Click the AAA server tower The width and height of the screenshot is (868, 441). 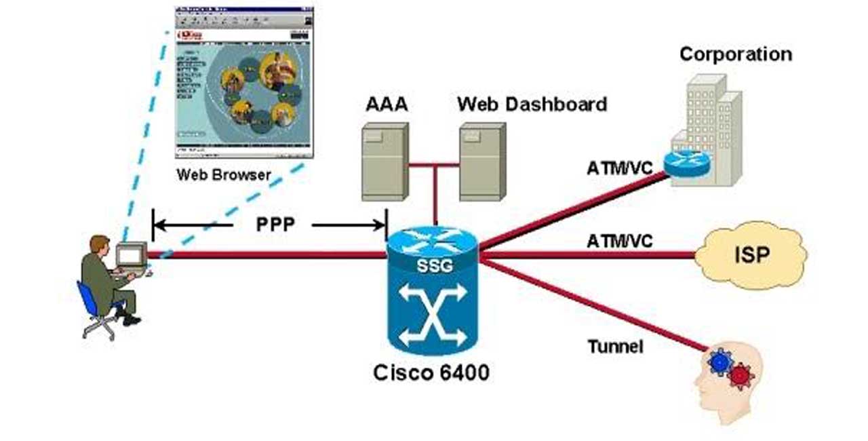point(384,161)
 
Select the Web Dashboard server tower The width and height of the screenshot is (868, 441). point(482,161)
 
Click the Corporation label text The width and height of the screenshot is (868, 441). point(736,54)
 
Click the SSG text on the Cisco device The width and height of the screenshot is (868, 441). point(433,266)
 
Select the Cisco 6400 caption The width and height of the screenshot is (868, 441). point(431,372)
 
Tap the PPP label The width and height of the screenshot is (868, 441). point(275,225)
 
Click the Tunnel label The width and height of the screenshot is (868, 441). point(614,347)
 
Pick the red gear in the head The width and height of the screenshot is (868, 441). point(740,372)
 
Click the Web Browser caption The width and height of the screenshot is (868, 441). point(224,174)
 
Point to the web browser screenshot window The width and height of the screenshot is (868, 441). point(244,81)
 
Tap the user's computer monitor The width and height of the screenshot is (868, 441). point(132,255)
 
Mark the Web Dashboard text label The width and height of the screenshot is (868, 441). point(532,104)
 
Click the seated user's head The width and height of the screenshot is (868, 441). point(100,244)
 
